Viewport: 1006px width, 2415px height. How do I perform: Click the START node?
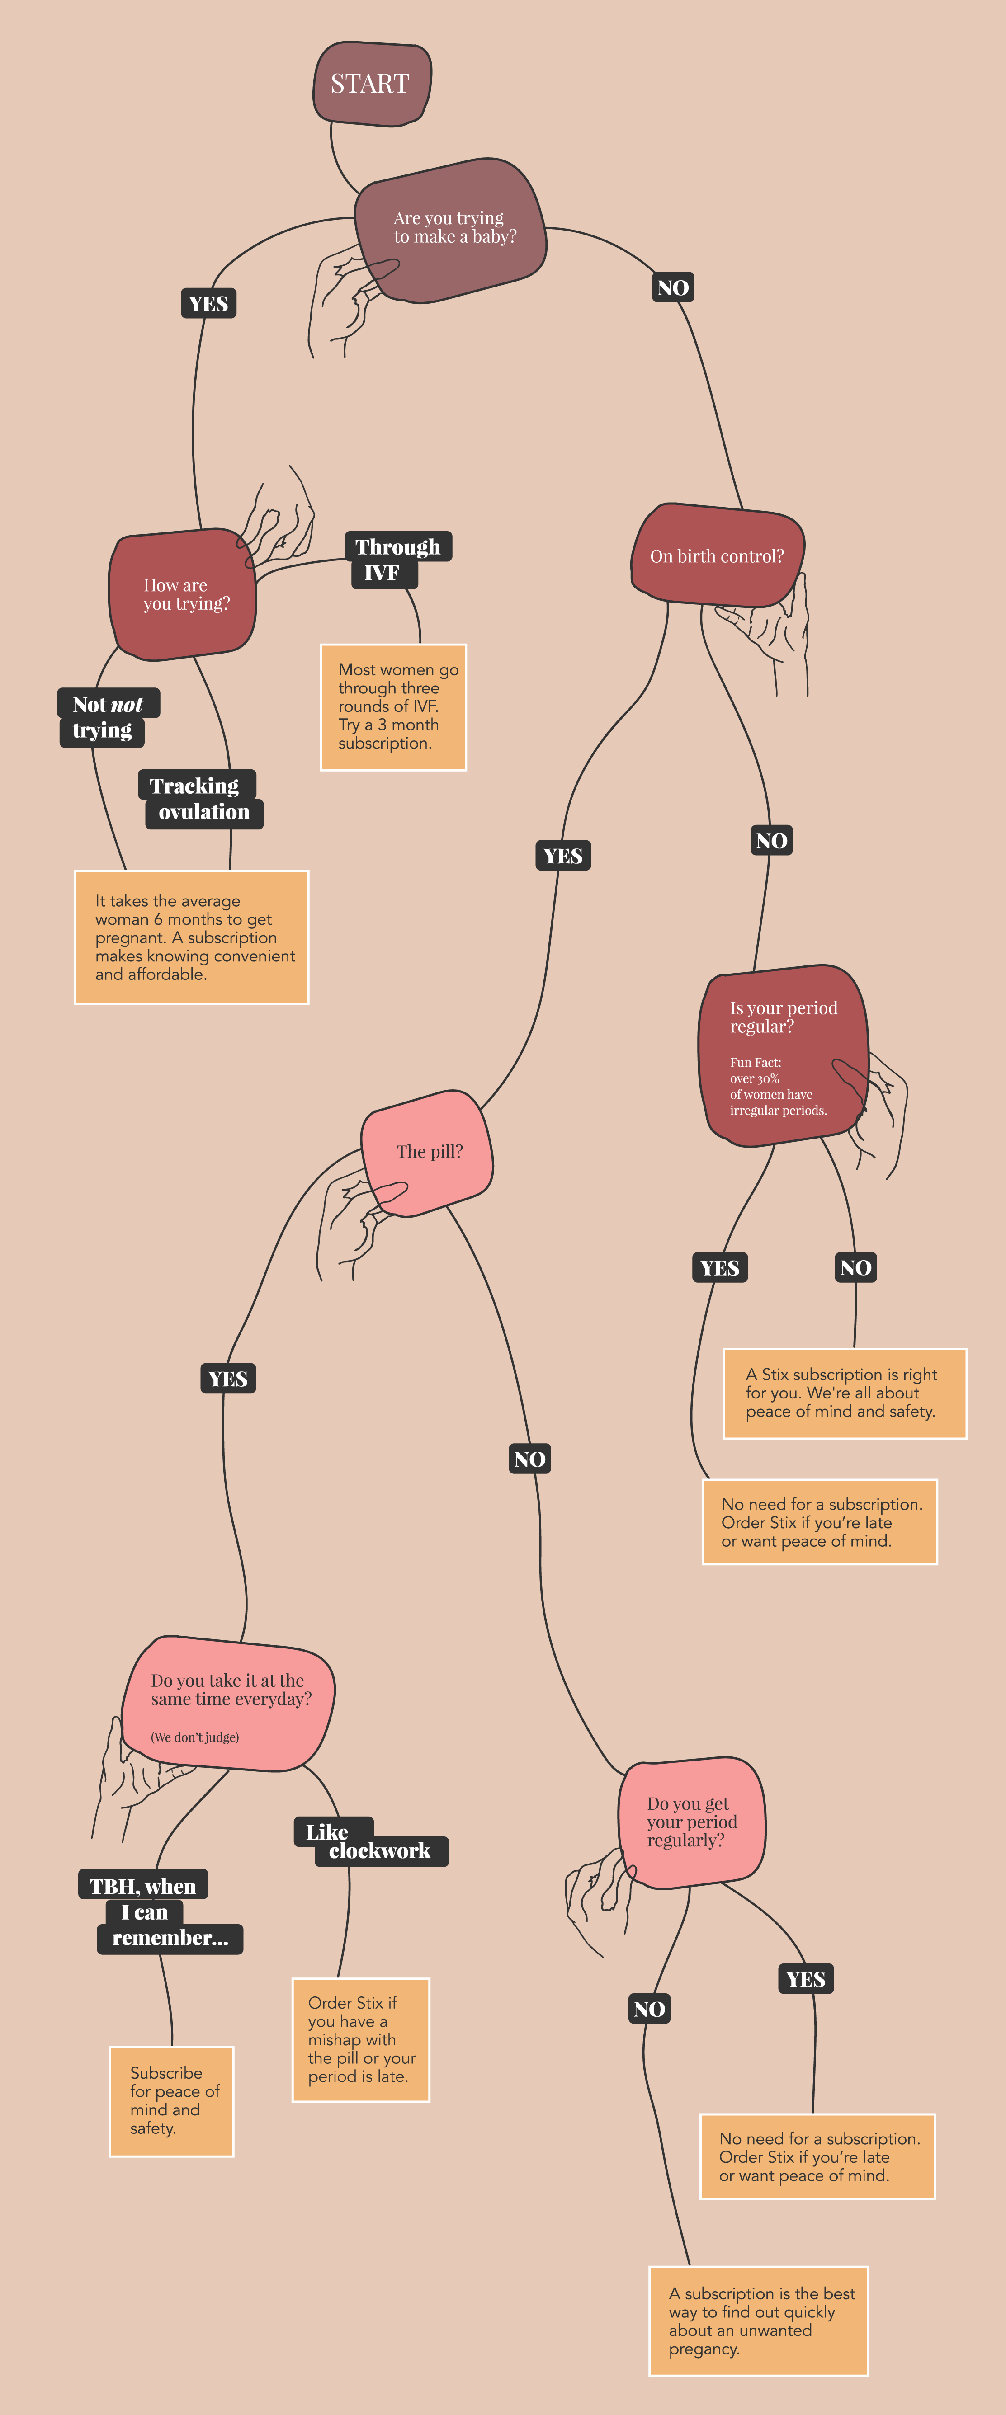[x=371, y=84]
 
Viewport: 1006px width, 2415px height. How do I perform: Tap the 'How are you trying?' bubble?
[x=184, y=594]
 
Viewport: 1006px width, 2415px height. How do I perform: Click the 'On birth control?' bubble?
[x=717, y=556]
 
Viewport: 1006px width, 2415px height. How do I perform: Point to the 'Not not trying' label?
[x=107, y=717]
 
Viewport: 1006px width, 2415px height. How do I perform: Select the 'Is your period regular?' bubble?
[x=784, y=1055]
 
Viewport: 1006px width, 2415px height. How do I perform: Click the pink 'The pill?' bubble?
[x=429, y=1152]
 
